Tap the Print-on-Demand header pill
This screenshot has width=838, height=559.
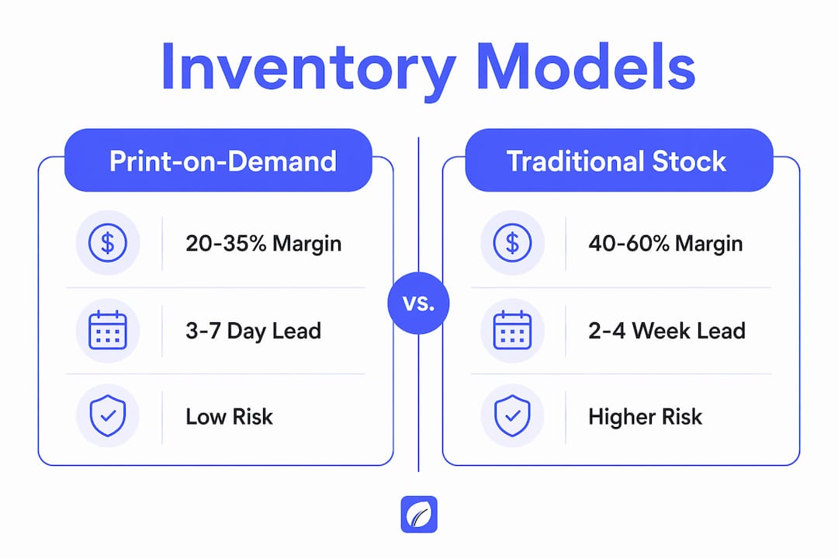point(218,161)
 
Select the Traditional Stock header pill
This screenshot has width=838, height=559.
point(619,161)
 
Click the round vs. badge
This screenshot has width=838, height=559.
point(418,304)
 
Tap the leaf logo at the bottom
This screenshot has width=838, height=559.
point(419,515)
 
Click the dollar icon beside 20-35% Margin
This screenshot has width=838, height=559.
point(108,243)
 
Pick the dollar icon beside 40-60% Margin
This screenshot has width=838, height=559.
point(513,243)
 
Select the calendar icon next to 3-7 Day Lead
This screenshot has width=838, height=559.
point(108,330)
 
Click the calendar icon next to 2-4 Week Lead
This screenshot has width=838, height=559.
point(513,330)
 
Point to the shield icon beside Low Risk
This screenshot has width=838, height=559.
point(108,415)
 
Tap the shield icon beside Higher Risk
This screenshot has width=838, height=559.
point(513,415)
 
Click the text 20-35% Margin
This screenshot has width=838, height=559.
point(264,244)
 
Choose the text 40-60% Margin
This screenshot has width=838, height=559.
point(666,244)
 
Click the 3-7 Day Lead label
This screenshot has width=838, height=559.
point(253,331)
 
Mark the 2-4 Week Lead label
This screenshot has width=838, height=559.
point(667,331)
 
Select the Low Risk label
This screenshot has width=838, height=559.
point(229,417)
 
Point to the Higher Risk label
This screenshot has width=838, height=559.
point(645,417)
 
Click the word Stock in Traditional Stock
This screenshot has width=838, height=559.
point(689,161)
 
